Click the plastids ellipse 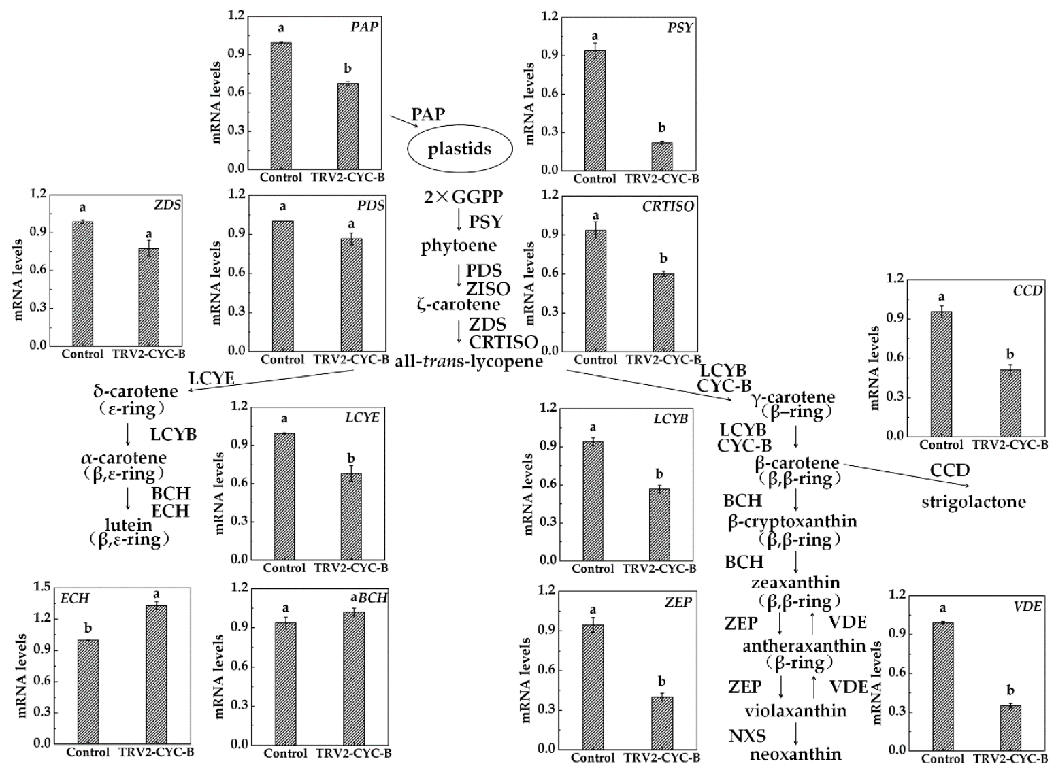(x=459, y=149)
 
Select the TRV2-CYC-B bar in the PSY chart (x=661, y=156)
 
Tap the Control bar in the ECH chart (x=88, y=691)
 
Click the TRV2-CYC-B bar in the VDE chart (x=1010, y=728)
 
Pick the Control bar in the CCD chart (x=941, y=373)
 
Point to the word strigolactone (x=973, y=502)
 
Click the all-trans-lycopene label (x=469, y=361)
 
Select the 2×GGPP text (x=463, y=197)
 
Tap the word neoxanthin (x=795, y=754)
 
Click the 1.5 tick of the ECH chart (x=42, y=587)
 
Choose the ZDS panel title (x=167, y=205)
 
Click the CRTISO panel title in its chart (x=668, y=206)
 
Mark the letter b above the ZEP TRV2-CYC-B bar (x=661, y=682)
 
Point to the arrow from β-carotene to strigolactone (x=905, y=474)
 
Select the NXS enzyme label (x=747, y=736)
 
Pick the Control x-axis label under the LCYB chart (x=592, y=569)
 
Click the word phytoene (x=459, y=246)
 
